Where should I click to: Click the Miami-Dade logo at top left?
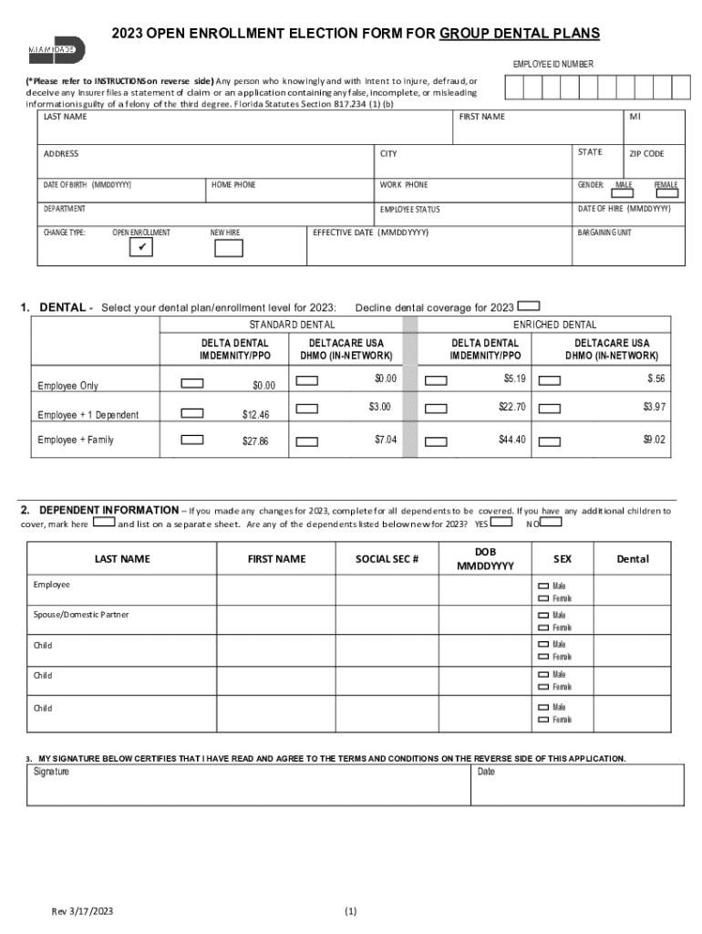click(57, 50)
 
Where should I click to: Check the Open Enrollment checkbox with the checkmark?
click(140, 248)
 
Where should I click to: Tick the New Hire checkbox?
click(228, 248)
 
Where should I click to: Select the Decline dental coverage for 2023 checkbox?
click(530, 306)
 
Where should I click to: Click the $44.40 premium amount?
click(511, 440)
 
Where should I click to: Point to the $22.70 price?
click(511, 407)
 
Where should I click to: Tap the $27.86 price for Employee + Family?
click(255, 441)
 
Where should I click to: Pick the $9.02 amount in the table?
click(654, 440)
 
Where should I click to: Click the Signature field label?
click(51, 773)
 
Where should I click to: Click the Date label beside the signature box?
click(486, 773)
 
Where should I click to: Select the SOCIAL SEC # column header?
click(387, 559)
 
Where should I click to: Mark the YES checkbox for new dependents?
click(502, 523)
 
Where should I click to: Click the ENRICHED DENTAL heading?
click(554, 325)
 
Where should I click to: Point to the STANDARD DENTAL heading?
click(292, 325)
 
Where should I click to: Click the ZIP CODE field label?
click(647, 154)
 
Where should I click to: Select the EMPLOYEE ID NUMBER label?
click(552, 64)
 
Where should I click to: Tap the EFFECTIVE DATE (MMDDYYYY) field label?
click(370, 233)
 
